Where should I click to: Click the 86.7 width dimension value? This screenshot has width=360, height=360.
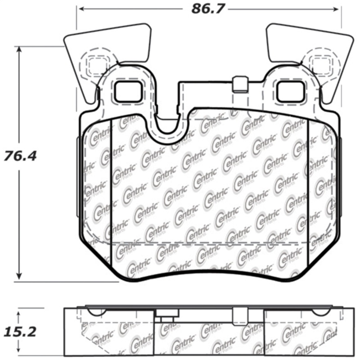click(207, 9)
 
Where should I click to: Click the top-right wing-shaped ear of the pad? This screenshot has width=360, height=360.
click(315, 43)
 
